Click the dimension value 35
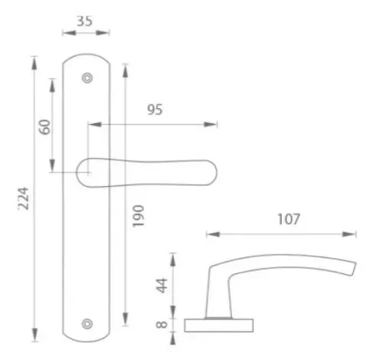click(x=84, y=21)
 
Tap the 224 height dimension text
click(x=24, y=198)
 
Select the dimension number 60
click(x=44, y=127)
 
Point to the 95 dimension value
click(x=155, y=110)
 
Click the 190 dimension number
click(x=138, y=216)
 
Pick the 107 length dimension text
click(x=289, y=219)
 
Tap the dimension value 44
click(x=162, y=286)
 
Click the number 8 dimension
click(x=162, y=325)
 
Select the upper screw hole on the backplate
click(x=87, y=78)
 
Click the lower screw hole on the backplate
click(x=87, y=324)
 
